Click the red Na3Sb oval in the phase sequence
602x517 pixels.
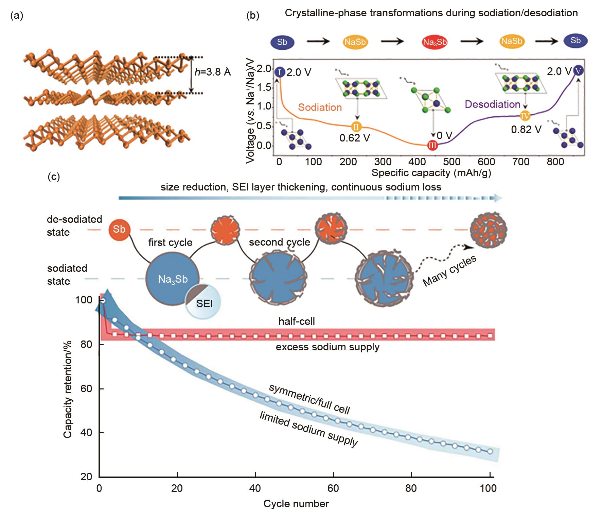click(x=435, y=42)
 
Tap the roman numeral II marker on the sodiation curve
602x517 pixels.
click(x=356, y=127)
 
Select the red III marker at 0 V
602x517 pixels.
click(x=432, y=146)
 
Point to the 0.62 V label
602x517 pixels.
click(x=355, y=138)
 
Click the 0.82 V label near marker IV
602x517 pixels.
click(x=526, y=129)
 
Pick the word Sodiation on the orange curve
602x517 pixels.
click(x=320, y=107)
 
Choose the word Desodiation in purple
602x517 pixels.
click(x=492, y=104)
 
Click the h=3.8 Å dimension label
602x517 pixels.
click(x=213, y=72)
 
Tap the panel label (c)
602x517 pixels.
click(x=54, y=177)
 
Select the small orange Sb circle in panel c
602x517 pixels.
click(x=119, y=229)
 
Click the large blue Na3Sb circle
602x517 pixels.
click(x=173, y=279)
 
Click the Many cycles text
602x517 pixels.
click(x=449, y=271)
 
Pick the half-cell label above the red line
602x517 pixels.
click(x=297, y=321)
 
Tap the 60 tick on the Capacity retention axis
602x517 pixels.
click(x=86, y=388)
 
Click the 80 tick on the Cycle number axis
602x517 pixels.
click(x=411, y=488)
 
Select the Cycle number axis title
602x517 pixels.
click(x=296, y=504)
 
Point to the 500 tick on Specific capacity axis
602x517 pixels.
click(x=452, y=162)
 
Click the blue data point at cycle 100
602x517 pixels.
click(x=490, y=451)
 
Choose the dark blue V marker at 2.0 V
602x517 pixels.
click(x=578, y=71)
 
